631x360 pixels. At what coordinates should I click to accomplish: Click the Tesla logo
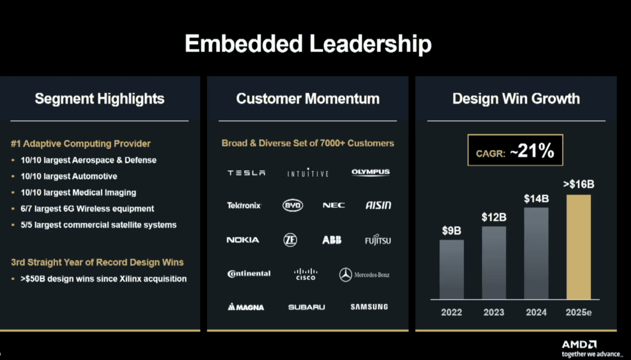tap(246, 173)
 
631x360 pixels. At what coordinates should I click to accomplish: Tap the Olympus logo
tap(370, 173)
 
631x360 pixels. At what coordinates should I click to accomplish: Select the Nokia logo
tap(243, 240)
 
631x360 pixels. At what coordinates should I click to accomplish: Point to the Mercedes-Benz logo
tap(364, 274)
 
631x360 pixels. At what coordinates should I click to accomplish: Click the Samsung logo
tap(369, 306)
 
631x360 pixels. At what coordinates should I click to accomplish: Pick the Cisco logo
tap(305, 274)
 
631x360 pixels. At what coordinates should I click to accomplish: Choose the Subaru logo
tap(306, 307)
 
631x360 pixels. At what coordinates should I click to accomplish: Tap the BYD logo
tap(293, 205)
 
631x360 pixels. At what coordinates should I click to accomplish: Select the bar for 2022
tap(452, 269)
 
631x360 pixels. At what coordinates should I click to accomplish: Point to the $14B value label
tap(536, 198)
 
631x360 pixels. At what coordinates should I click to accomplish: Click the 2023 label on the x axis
tap(494, 312)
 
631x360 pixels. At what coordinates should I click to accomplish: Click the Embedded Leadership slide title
tap(308, 44)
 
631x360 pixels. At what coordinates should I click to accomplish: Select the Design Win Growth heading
tap(516, 99)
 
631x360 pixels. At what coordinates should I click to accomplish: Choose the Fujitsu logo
tap(377, 240)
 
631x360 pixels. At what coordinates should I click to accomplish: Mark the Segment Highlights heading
tap(99, 99)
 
